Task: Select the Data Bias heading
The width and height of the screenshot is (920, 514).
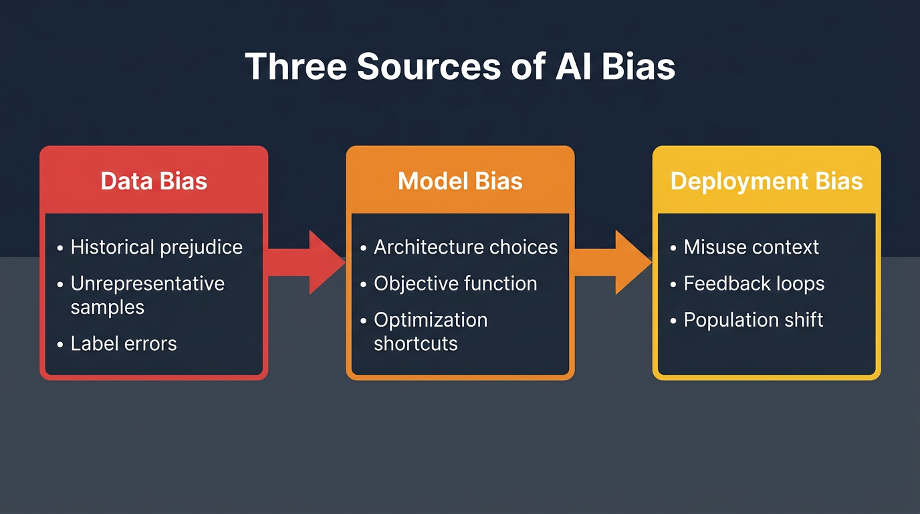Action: click(154, 181)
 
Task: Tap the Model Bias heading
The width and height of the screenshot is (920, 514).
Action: click(460, 181)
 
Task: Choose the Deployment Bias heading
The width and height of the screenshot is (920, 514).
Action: click(766, 181)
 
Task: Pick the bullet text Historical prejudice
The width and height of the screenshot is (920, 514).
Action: click(156, 247)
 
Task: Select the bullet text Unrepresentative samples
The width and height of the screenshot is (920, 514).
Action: click(147, 295)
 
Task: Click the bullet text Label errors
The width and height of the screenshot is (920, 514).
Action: click(124, 344)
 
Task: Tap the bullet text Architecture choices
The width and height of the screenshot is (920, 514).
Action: click(465, 247)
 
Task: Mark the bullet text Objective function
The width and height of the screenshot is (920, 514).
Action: click(455, 284)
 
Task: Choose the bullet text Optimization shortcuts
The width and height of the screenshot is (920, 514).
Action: click(430, 332)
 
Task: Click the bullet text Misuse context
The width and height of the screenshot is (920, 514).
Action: click(751, 247)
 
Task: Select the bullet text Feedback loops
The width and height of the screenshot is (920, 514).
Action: click(754, 284)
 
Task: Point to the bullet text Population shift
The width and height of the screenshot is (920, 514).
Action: click(753, 320)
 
